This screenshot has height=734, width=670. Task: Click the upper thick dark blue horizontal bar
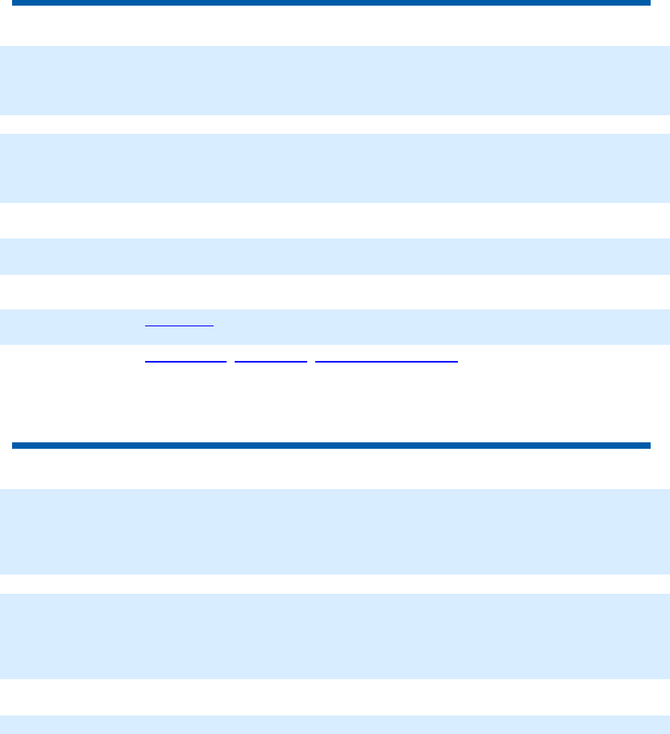pos(331,3)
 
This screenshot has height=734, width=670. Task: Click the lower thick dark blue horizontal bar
pos(331,445)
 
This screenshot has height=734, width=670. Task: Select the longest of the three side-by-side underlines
pos(386,361)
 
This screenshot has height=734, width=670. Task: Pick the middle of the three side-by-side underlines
pos(271,361)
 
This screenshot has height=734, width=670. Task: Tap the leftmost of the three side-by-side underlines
pos(185,361)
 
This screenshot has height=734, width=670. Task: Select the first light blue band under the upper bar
pos(335,80)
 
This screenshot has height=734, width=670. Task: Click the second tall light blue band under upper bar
pos(335,168)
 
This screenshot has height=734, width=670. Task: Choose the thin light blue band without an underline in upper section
pos(335,256)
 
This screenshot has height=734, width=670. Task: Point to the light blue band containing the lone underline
pos(403,327)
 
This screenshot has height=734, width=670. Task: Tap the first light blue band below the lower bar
pos(335,531)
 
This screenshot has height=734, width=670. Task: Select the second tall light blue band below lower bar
pos(335,637)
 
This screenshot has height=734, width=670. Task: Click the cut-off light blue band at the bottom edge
pos(335,724)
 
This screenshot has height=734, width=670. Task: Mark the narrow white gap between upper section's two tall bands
pos(335,124)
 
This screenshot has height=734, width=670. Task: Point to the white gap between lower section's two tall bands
pos(335,584)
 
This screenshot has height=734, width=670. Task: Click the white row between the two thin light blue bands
pos(335,292)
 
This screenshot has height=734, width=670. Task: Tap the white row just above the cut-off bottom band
pos(335,697)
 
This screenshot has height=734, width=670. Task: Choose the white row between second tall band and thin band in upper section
pos(335,220)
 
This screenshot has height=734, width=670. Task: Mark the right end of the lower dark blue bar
pos(647,445)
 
